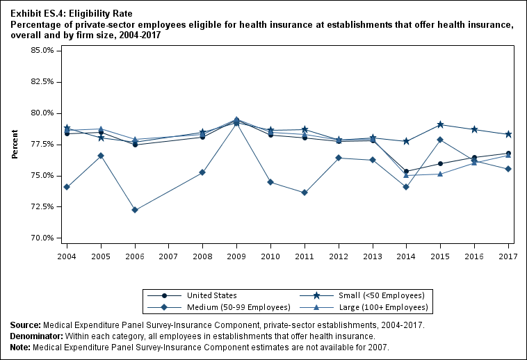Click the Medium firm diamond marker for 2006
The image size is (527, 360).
click(x=135, y=210)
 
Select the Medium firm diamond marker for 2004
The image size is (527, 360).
click(x=67, y=187)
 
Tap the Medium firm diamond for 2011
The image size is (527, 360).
click(x=305, y=193)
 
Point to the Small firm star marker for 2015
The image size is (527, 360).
click(x=441, y=124)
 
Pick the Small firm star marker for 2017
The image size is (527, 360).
click(x=508, y=134)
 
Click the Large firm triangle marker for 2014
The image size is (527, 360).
click(x=406, y=175)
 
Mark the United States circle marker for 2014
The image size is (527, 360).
click(x=406, y=171)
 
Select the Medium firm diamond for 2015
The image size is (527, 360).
click(x=441, y=140)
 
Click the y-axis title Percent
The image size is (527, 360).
click(x=15, y=144)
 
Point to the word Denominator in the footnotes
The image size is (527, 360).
click(x=35, y=336)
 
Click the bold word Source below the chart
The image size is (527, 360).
click(x=25, y=325)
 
